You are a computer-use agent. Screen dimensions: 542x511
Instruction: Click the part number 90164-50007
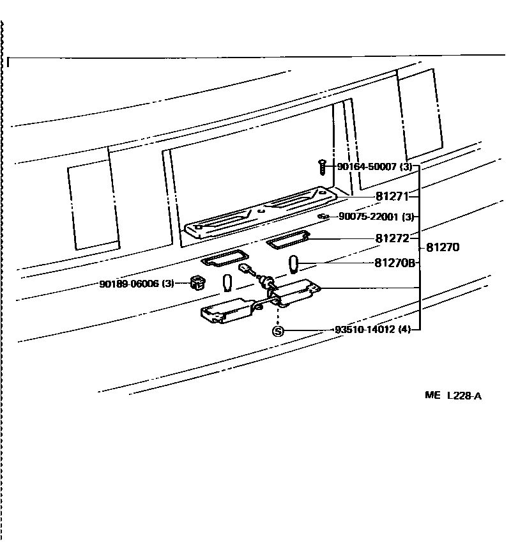tap(367, 167)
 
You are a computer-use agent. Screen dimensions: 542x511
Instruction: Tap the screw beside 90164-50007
tap(323, 167)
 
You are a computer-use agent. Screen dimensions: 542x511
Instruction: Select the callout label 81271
tap(392, 197)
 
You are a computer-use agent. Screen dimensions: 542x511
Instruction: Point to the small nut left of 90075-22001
tap(324, 217)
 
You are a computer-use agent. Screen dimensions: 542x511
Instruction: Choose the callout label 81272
tap(392, 239)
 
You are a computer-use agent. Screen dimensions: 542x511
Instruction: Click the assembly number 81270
tap(443, 247)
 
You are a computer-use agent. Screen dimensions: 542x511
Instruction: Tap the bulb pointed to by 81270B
tap(294, 263)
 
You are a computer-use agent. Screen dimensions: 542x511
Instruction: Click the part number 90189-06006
tap(128, 283)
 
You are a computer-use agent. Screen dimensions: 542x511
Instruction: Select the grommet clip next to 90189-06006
tap(195, 283)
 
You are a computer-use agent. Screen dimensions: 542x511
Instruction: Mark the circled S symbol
tap(278, 330)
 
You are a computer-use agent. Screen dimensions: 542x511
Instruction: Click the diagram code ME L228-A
tap(453, 396)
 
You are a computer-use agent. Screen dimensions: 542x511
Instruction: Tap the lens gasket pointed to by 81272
tap(287, 241)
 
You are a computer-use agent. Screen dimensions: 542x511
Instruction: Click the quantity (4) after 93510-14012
tap(404, 330)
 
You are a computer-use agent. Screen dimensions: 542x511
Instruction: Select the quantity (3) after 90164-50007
tap(407, 167)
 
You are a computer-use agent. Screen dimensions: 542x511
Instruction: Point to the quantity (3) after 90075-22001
tap(409, 217)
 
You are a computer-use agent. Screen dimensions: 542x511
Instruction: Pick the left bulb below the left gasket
tap(227, 282)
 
